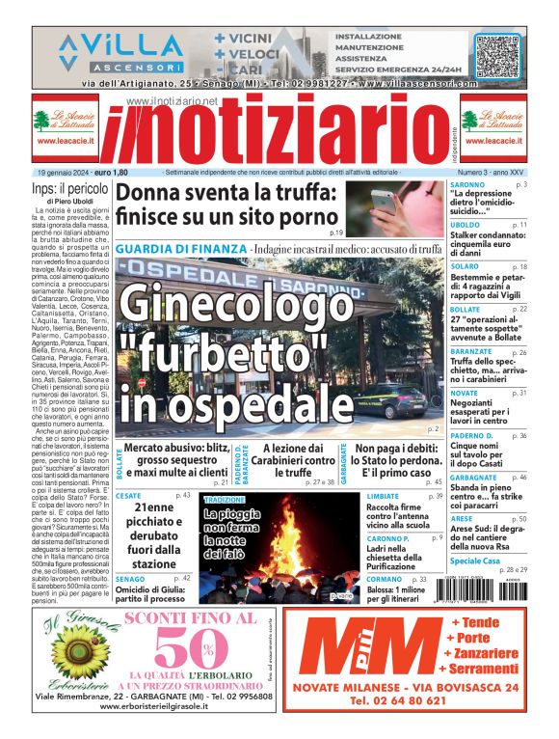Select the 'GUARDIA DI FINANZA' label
click(x=178, y=249)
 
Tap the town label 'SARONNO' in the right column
click(x=467, y=183)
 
